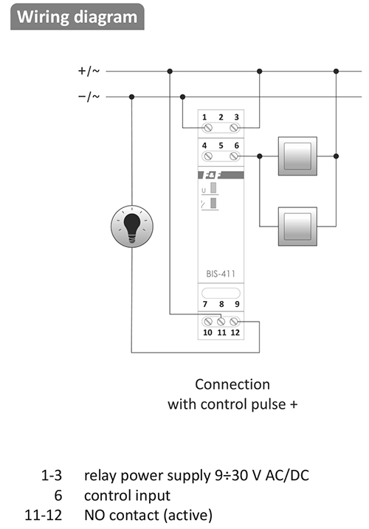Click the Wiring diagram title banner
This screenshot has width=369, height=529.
click(77, 17)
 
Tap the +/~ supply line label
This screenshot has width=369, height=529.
click(89, 71)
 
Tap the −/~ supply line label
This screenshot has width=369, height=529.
click(89, 97)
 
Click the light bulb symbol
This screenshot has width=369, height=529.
click(132, 226)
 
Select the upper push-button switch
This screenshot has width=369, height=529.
click(297, 156)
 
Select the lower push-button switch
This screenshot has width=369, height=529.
click(297, 227)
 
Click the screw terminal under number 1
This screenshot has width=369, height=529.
click(207, 128)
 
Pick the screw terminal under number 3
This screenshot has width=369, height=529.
click(235, 128)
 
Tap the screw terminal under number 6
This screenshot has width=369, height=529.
click(235, 156)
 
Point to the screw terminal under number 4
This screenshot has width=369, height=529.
click(207, 156)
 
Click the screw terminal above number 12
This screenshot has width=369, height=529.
click(234, 322)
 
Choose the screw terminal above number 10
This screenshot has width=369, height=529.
click(208, 322)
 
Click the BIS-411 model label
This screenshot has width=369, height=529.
click(221, 273)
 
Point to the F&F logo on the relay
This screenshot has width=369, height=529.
click(221, 175)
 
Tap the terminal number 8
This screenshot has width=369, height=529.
click(221, 304)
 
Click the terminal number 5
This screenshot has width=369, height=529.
click(221, 145)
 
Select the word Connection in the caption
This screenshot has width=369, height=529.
click(232, 384)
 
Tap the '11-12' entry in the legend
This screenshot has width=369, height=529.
click(44, 515)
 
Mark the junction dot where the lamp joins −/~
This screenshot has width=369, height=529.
click(131, 97)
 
